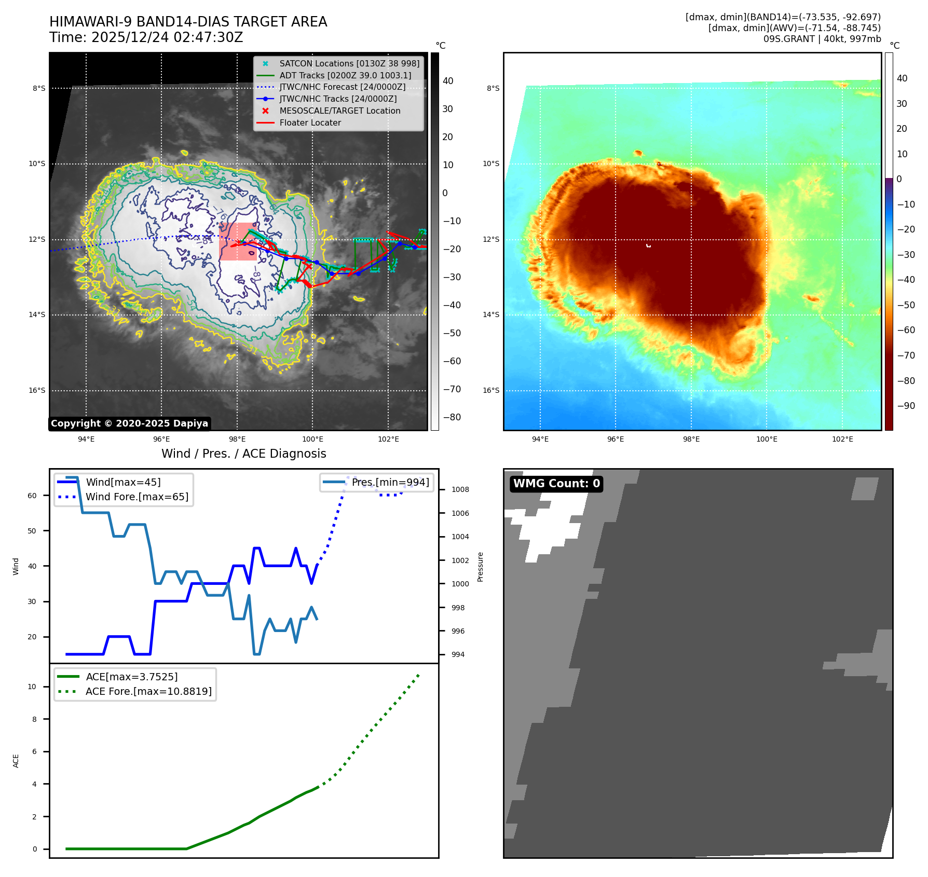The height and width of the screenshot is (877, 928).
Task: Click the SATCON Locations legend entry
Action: (349, 64)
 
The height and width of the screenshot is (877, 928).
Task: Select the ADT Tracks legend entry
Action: (345, 76)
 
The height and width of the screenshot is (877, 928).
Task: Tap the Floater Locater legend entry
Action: (310, 123)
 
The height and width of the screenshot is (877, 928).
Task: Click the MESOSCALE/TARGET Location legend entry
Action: (339, 111)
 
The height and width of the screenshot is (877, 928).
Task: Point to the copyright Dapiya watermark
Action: (129, 423)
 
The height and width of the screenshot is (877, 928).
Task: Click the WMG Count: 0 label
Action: (556, 484)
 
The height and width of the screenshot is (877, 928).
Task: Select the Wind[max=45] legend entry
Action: (123, 483)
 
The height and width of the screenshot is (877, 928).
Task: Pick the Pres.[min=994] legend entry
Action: (390, 483)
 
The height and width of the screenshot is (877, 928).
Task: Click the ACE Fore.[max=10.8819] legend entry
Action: (148, 692)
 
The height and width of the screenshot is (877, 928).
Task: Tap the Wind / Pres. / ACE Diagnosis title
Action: (243, 454)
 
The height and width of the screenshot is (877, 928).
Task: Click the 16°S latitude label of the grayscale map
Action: (37, 391)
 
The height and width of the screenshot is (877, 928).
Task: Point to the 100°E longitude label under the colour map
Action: (767, 440)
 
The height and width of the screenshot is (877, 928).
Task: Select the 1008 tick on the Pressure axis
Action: (460, 490)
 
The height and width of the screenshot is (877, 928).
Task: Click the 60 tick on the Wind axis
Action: (32, 496)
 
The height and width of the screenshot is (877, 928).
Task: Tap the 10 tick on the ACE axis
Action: (32, 687)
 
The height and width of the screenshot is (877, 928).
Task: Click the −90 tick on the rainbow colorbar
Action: (906, 406)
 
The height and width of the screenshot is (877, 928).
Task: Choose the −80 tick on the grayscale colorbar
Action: (452, 417)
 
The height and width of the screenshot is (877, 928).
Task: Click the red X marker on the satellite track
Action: (308, 267)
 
